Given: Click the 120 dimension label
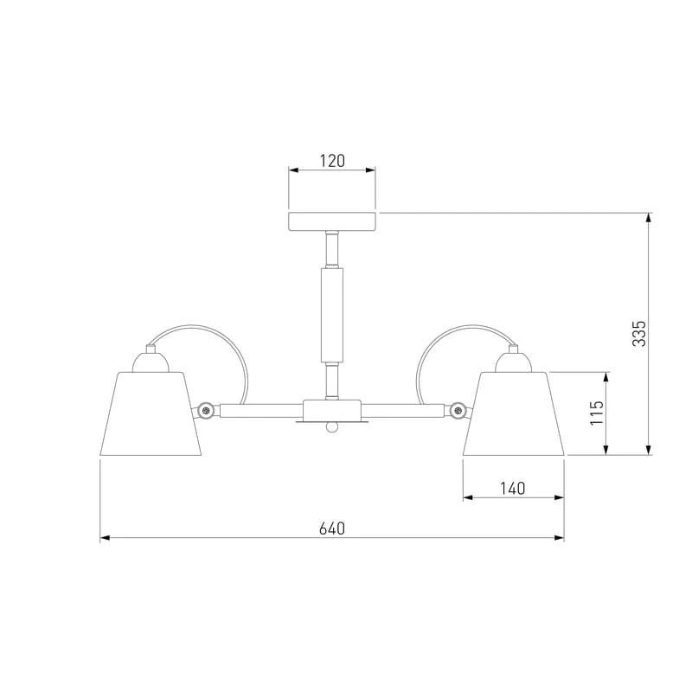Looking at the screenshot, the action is (x=332, y=161).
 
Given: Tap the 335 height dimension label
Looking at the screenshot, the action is (x=638, y=334).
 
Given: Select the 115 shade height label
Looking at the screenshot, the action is (x=597, y=413).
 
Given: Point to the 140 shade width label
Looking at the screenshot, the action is (x=513, y=489).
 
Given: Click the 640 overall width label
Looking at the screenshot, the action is (x=332, y=529).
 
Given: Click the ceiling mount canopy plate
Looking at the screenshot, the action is (x=332, y=221).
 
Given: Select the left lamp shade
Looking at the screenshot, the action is (x=151, y=413).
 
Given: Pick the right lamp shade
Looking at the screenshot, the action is (x=513, y=413).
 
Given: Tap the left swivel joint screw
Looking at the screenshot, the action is (x=205, y=410).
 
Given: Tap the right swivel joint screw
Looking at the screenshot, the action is (x=458, y=410).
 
